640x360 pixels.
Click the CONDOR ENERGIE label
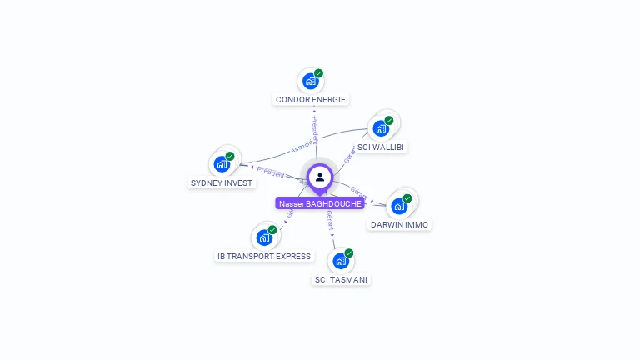311,100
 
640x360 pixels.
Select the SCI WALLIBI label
381,147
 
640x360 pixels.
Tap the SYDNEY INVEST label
222,182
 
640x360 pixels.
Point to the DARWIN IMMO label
400,224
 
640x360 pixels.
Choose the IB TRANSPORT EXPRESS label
264,257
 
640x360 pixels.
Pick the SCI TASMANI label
340,280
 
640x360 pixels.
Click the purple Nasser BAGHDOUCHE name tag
320,203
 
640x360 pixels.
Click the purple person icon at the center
320,177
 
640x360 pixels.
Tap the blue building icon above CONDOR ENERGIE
310,81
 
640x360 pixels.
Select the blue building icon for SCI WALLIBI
381,128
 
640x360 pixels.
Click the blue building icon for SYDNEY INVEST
221,163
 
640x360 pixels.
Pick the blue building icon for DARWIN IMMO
399,206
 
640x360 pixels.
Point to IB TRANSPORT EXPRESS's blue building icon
264,237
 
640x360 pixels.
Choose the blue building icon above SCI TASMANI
340,261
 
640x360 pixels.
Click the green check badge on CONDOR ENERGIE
318,73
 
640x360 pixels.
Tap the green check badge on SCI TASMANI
348,253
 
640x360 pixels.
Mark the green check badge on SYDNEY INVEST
229,156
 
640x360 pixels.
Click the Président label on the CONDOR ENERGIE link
315,130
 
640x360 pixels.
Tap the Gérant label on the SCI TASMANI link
330,221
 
